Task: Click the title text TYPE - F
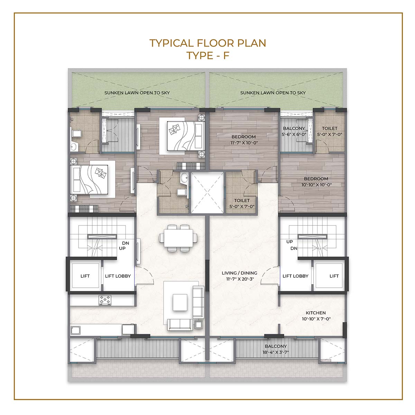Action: coord(207,56)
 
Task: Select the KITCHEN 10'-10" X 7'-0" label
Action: coord(316,316)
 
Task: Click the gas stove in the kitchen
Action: coord(105,300)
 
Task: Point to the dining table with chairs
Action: coord(178,238)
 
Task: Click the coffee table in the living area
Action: coord(180,302)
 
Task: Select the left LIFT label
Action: coord(85,276)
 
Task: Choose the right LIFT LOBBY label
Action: coord(295,276)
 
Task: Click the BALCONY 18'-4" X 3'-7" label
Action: coord(276,349)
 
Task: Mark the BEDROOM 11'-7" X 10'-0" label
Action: coord(243,140)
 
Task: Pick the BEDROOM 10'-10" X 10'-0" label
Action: coord(316,182)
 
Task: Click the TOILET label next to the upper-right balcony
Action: coord(330,131)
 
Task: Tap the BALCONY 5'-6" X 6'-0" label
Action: coord(294,131)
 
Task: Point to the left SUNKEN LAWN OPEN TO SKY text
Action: coord(137,93)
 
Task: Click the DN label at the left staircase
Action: coord(125,243)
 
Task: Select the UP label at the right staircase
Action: coord(289,242)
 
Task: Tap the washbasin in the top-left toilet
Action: coord(73,147)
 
